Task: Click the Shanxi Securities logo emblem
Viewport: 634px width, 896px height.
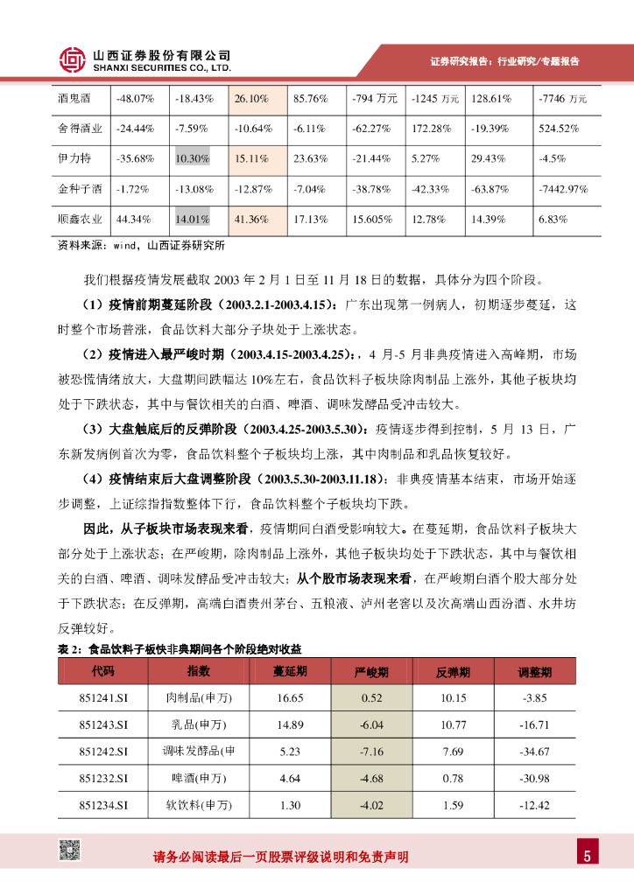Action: point(72,59)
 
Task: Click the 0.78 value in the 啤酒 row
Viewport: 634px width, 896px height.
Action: point(453,778)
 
